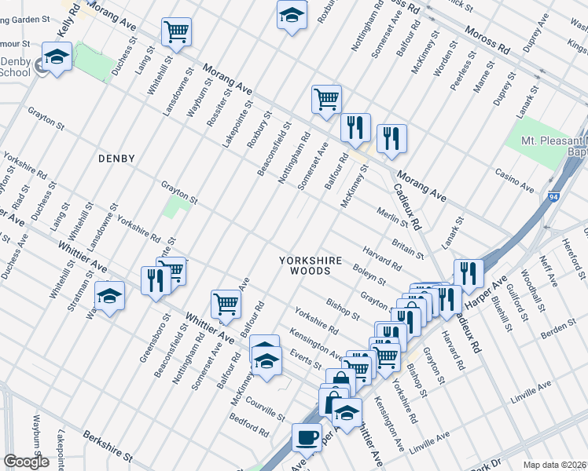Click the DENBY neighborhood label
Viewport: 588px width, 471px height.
(116, 159)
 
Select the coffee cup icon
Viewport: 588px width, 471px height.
(307, 436)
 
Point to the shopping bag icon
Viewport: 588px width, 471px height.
(340, 382)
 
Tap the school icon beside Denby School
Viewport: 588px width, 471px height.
(57, 57)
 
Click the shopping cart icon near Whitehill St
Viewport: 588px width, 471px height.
(177, 32)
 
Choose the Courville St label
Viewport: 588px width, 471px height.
(265, 410)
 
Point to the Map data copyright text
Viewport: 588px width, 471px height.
(555, 465)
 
